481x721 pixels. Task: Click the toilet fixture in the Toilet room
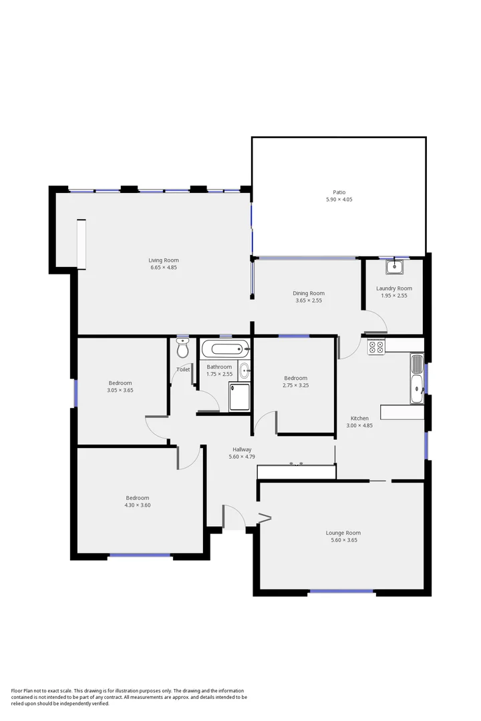click(x=183, y=348)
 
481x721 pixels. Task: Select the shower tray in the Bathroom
click(x=239, y=397)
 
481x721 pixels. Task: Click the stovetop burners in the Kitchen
click(x=376, y=346)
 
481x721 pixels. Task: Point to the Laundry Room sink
click(x=394, y=266)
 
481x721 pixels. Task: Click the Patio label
click(x=339, y=192)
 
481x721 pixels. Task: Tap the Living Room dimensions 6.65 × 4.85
click(x=164, y=267)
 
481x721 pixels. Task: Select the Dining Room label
click(x=309, y=293)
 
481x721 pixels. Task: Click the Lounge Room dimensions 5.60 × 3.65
click(x=344, y=540)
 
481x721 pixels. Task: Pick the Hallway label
click(x=242, y=449)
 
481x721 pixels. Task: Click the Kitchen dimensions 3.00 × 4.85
click(x=359, y=425)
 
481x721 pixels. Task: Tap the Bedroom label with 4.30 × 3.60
click(x=137, y=497)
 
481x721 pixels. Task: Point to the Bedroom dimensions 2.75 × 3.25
click(x=295, y=385)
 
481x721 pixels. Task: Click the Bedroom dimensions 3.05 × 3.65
click(x=120, y=390)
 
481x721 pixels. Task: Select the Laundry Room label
click(x=394, y=288)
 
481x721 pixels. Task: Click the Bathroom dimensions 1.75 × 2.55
click(x=219, y=374)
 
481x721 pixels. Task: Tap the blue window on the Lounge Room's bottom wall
click(x=341, y=591)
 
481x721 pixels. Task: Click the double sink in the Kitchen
click(x=417, y=379)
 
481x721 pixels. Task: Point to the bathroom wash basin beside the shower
click(x=244, y=370)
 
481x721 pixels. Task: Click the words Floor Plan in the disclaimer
click(x=22, y=691)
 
